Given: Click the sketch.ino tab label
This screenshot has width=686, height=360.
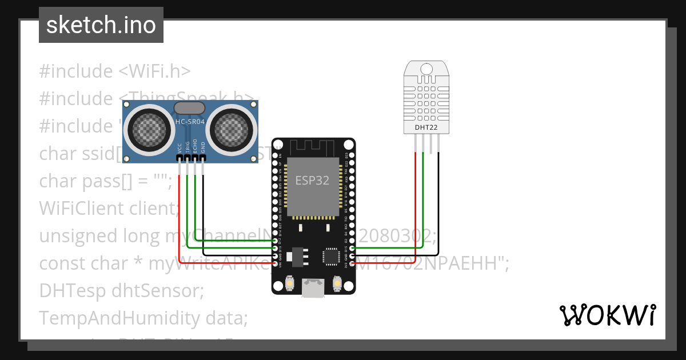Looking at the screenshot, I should pos(101,25).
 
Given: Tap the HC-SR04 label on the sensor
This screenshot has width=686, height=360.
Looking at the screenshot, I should pos(189,121).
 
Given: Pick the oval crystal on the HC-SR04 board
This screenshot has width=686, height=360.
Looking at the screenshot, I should pos(189,107).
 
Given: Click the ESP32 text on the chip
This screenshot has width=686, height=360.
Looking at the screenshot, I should pos(312,181).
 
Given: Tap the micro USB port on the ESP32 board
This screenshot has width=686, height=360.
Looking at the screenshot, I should pos(313,289).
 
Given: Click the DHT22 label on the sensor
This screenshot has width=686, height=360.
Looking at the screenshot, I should pos(426,127).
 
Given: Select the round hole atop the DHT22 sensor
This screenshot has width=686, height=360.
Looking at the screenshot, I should pos(426,68).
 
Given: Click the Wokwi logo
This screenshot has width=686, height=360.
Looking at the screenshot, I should pos(607,315).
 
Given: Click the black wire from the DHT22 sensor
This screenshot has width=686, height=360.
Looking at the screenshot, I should pos(438,200).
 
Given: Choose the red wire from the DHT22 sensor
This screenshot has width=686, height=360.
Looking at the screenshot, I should pos(415,200).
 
